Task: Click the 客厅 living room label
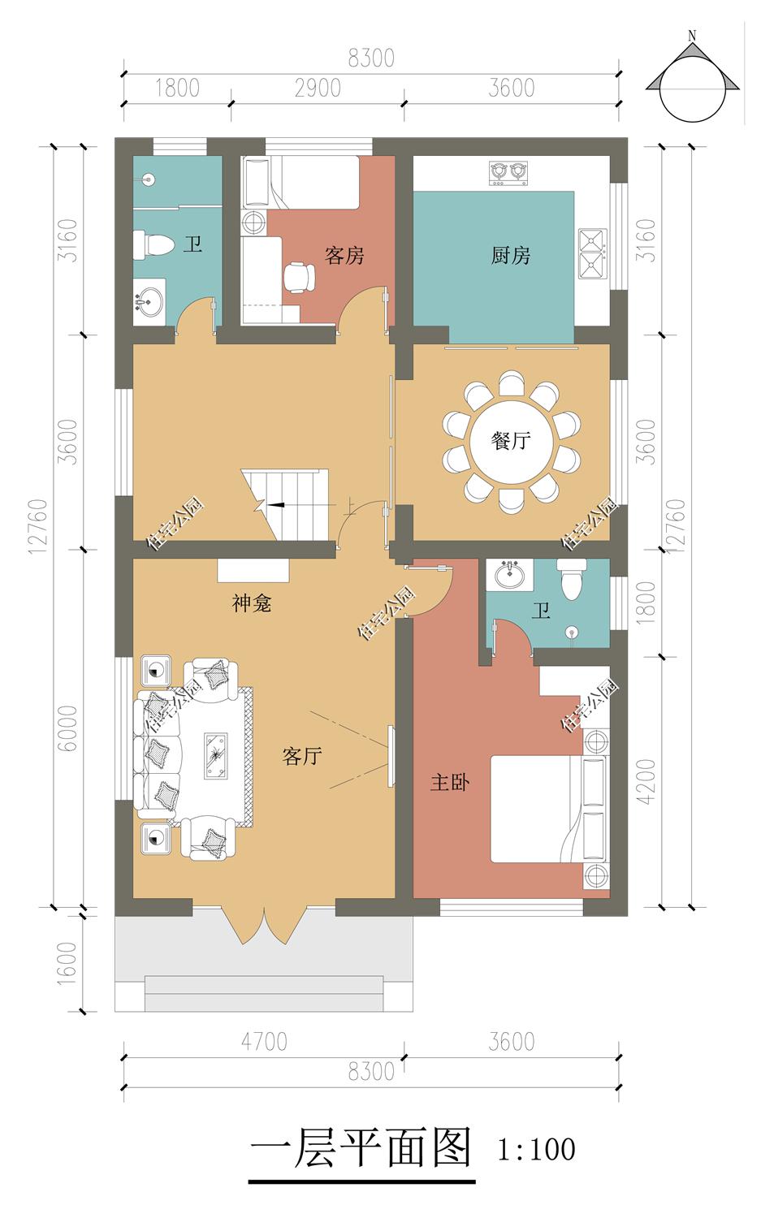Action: (302, 756)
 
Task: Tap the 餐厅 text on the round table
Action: (511, 440)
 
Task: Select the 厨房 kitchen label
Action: (510, 255)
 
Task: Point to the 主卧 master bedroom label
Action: (450, 783)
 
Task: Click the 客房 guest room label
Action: (344, 255)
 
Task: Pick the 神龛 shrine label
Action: (251, 603)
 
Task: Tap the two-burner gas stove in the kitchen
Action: (508, 172)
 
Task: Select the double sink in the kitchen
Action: (592, 254)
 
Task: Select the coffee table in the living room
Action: (216, 756)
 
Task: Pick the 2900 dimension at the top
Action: (318, 88)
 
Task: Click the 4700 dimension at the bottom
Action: (264, 1043)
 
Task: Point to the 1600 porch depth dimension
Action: (67, 963)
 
